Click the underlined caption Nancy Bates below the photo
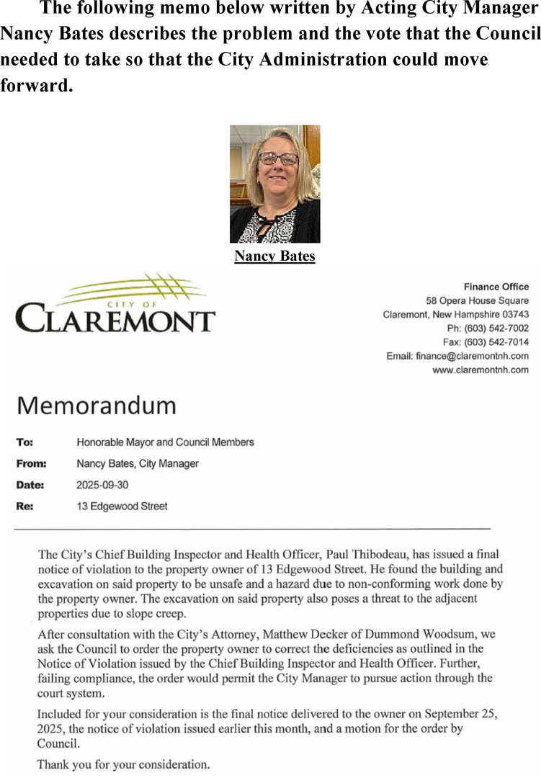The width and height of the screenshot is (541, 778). pyautogui.click(x=274, y=256)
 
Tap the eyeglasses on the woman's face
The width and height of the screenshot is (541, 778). pyautogui.click(x=278, y=158)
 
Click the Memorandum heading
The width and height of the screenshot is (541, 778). pyautogui.click(x=96, y=405)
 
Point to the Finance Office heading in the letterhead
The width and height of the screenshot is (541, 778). pyautogui.click(x=496, y=287)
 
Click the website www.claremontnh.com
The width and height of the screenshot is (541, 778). pyautogui.click(x=480, y=370)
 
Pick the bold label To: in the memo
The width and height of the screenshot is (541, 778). pyautogui.click(x=24, y=442)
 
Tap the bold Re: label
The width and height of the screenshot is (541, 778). pyautogui.click(x=24, y=506)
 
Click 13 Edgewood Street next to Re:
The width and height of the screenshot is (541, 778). pyautogui.click(x=122, y=506)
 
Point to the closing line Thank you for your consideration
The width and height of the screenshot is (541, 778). pyautogui.click(x=123, y=764)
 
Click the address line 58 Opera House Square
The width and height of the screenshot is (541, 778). pyautogui.click(x=477, y=300)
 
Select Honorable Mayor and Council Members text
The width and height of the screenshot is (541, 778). pyautogui.click(x=165, y=442)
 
